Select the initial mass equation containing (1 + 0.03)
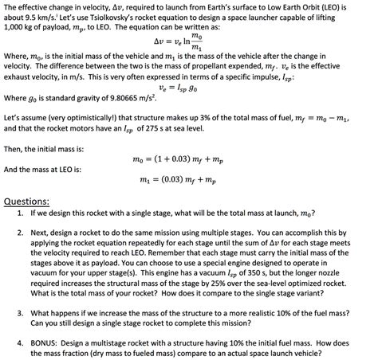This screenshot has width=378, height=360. pos(188,159)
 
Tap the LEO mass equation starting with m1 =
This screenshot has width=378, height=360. pos(188,182)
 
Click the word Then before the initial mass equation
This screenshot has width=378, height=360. pos(14,148)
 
